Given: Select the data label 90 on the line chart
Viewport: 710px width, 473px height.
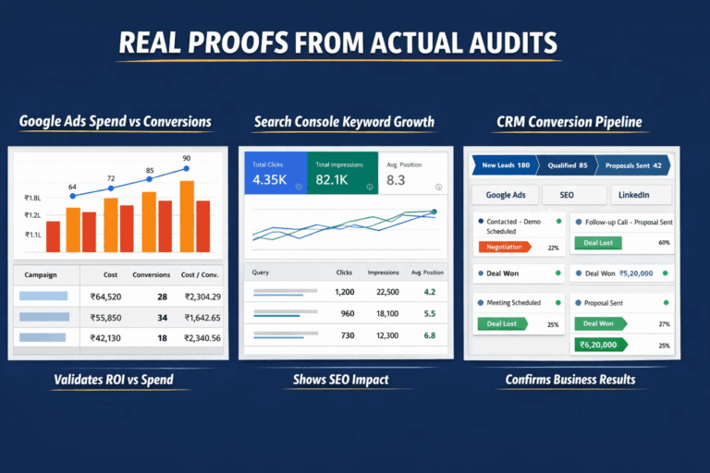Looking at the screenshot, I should pos(187,158).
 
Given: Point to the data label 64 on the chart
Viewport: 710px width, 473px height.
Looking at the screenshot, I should pos(72,187).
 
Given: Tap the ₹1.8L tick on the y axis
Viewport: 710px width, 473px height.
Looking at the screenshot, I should pos(33,199).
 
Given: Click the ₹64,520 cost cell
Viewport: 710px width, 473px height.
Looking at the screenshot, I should pos(107,297).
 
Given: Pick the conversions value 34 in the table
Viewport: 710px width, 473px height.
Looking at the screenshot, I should pos(162,317).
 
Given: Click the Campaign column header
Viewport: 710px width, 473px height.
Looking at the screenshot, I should pos(42,274).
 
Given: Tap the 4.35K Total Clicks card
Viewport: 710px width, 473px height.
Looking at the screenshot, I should pos(275,173).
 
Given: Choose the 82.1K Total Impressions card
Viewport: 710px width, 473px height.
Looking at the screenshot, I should pos(341,173).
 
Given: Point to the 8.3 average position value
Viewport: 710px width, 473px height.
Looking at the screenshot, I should pos(396,180).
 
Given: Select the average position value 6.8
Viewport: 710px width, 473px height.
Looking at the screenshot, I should pos(429,334).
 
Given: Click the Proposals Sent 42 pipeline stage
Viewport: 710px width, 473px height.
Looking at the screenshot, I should pos(633,166).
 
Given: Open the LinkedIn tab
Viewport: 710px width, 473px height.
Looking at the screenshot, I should pos(633,195).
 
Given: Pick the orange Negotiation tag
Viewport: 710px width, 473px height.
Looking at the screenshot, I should pos(504,247).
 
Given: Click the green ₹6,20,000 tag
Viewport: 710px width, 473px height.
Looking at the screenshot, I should pos(598,345).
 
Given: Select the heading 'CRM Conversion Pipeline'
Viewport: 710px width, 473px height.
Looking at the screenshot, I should pos(569,122).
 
